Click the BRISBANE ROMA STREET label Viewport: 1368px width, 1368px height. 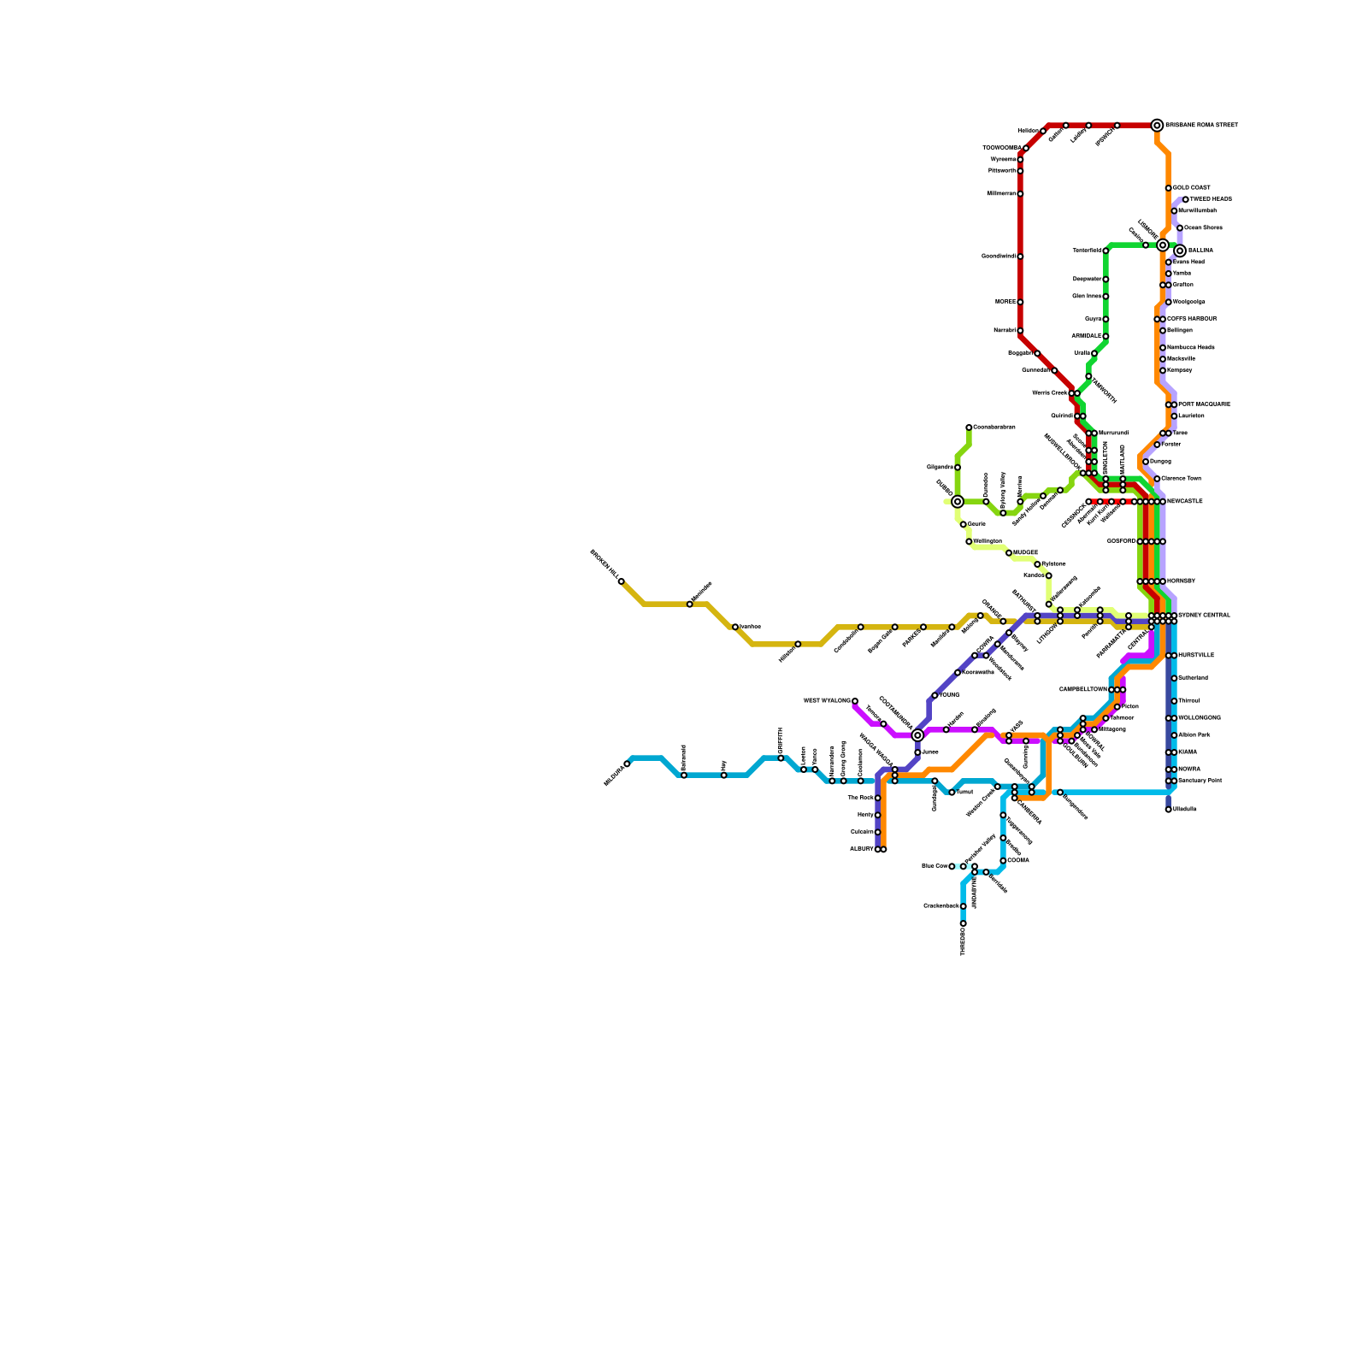coord(1201,126)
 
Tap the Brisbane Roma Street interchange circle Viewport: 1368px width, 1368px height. coord(1157,126)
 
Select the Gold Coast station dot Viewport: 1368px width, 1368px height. coord(1168,188)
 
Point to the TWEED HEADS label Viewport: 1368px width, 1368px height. coord(1211,199)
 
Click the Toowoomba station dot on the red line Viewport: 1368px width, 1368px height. coord(1026,148)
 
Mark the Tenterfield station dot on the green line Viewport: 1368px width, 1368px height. coord(1106,251)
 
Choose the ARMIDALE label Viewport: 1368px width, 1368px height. coord(1087,336)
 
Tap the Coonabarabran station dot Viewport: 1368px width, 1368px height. coord(969,427)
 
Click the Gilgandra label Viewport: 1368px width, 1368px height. coord(940,468)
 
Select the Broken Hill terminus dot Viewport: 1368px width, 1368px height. coord(621,581)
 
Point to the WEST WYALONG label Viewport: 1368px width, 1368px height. coord(827,701)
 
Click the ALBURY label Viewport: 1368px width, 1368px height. coord(861,849)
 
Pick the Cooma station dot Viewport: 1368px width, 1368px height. coord(1003,861)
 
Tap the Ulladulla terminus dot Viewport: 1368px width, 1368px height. coord(1168,810)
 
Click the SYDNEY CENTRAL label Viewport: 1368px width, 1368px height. coord(1204,616)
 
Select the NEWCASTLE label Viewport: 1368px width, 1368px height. coord(1184,502)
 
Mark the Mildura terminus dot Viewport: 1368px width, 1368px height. coord(627,764)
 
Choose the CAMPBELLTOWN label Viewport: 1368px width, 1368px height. coord(1082,689)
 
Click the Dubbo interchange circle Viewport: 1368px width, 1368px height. coord(958,502)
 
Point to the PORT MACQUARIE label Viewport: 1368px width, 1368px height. coord(1204,404)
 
